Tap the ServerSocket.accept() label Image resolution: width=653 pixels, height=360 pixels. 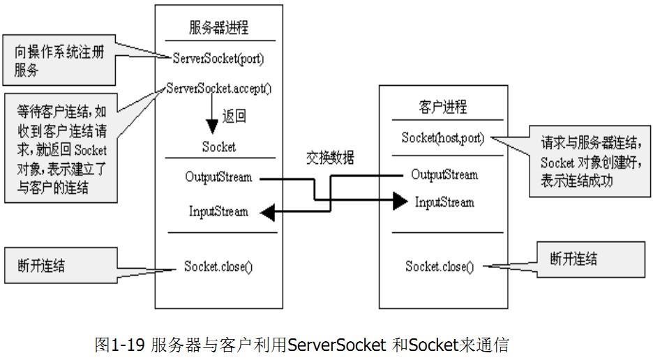[219, 89]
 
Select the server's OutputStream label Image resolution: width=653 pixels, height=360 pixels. [218, 177]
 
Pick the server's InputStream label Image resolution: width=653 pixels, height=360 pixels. [218, 211]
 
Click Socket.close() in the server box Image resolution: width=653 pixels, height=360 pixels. [218, 266]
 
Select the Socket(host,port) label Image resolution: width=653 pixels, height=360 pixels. [443, 137]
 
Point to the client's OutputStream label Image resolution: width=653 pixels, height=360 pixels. [444, 174]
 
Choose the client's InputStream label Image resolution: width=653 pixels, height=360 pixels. [444, 202]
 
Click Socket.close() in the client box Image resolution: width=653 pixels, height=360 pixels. [439, 267]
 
